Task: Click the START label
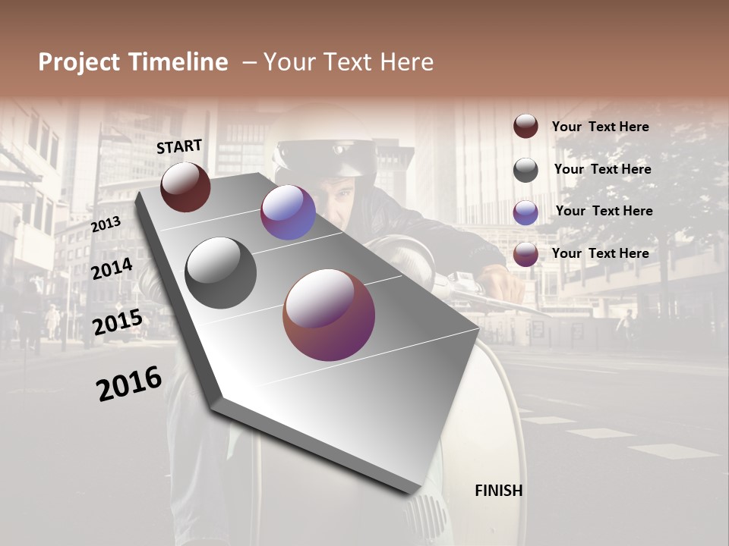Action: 179,146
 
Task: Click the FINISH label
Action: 498,491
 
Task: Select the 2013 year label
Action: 106,224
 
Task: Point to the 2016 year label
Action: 129,384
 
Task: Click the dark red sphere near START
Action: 185,187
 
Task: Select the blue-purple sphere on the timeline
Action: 288,212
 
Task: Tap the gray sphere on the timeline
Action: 220,272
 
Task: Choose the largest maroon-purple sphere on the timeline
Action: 329,315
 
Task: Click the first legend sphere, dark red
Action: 525,127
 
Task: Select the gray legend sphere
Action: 525,170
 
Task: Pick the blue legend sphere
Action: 525,212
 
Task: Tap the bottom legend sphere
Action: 525,254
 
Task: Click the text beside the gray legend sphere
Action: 602,169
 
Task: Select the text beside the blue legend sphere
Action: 604,211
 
